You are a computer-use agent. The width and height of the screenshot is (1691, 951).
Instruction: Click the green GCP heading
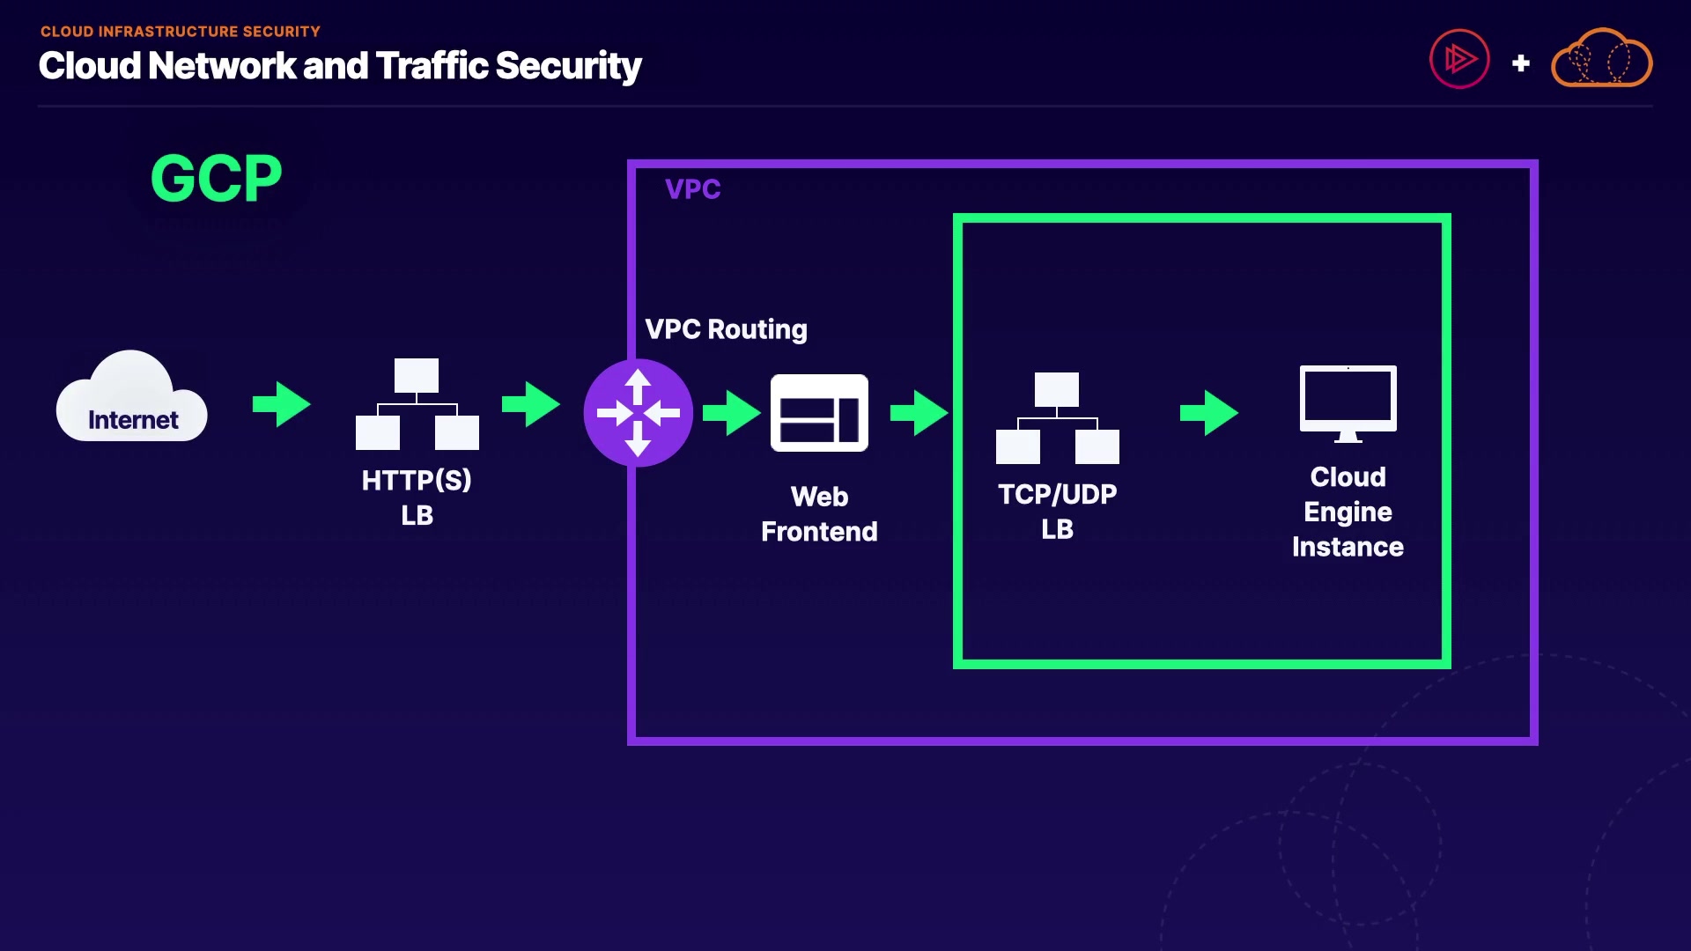(x=216, y=179)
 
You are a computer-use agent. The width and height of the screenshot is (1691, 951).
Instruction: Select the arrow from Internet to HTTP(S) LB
(x=282, y=404)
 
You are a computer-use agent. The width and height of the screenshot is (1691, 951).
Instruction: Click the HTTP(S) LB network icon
(x=417, y=404)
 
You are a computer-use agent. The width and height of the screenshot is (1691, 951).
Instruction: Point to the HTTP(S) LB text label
(x=417, y=498)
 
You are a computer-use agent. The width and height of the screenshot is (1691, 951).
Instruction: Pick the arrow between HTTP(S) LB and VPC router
(x=531, y=404)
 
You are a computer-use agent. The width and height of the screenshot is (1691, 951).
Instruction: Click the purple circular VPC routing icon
(x=638, y=413)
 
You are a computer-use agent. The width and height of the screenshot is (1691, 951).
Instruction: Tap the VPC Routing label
(x=726, y=329)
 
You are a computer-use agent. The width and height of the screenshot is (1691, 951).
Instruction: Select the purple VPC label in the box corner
(x=692, y=189)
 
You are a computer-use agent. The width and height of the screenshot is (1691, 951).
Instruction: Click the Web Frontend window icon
(x=819, y=413)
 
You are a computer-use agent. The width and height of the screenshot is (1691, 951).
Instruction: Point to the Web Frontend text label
(x=819, y=514)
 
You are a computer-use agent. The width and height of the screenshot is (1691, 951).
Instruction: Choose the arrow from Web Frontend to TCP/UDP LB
(x=919, y=413)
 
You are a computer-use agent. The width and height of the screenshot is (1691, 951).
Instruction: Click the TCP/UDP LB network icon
(x=1057, y=418)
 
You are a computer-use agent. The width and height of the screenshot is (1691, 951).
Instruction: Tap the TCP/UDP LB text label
(x=1057, y=512)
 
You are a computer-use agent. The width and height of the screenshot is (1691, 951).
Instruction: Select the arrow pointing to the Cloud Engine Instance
(x=1208, y=413)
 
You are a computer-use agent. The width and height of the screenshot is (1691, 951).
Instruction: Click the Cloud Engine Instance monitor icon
(x=1348, y=403)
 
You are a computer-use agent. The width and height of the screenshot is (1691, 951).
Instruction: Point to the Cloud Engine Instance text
(x=1348, y=512)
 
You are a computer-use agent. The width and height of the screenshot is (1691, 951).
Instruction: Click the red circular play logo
(x=1459, y=60)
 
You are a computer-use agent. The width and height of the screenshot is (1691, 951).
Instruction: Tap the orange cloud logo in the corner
(x=1601, y=60)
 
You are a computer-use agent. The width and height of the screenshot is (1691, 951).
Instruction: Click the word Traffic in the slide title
(x=432, y=66)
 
